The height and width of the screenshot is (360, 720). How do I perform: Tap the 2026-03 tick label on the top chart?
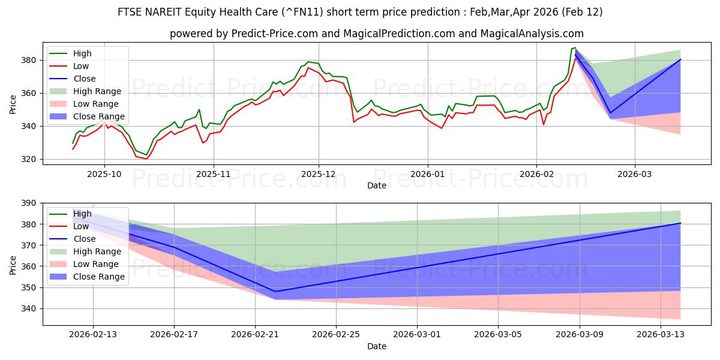(635, 174)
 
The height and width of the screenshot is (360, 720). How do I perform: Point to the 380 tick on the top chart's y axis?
(29, 60)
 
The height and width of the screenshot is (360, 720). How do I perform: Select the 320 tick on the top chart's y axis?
(29, 159)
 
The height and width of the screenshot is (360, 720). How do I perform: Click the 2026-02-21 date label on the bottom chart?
(255, 334)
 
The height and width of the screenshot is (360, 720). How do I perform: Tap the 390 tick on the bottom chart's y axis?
(29, 203)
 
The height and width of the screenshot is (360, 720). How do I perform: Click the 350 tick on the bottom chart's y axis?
(29, 287)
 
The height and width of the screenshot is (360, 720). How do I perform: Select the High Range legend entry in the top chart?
(97, 91)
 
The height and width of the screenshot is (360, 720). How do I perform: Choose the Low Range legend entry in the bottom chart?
(96, 264)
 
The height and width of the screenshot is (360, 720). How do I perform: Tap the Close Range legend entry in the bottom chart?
(99, 277)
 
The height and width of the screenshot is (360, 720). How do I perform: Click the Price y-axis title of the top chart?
(13, 103)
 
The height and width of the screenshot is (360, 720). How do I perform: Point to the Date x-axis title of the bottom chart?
(377, 346)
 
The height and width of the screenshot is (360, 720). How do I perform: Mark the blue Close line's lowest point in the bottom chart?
(275, 292)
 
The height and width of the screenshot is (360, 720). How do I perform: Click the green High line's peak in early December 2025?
(308, 62)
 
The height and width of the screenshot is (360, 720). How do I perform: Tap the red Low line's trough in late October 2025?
(146, 158)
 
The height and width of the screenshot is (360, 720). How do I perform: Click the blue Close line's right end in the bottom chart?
(680, 223)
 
